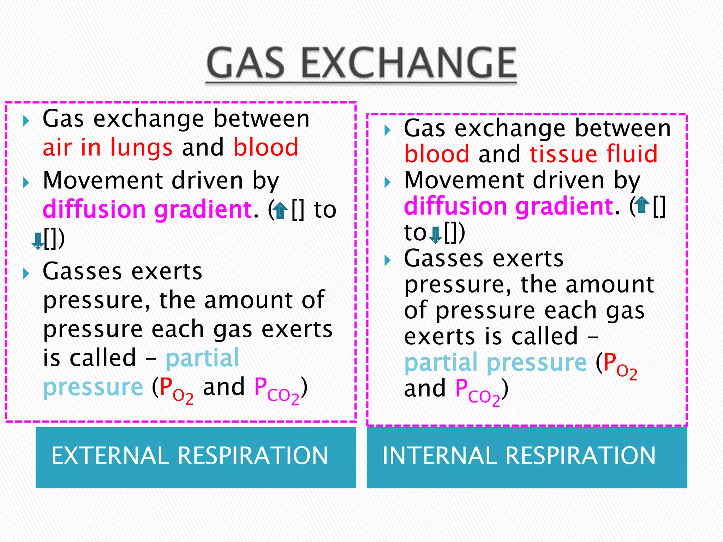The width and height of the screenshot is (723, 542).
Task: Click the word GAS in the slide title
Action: click(246, 64)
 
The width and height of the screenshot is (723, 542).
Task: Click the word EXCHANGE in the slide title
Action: click(410, 64)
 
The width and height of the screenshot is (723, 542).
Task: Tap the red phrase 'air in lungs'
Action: click(107, 147)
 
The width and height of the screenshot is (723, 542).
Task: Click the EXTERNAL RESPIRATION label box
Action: click(196, 457)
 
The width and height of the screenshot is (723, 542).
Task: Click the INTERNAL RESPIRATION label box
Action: click(527, 457)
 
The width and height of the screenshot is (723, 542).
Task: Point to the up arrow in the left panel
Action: click(281, 210)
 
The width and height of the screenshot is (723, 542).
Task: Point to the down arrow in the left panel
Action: click(37, 241)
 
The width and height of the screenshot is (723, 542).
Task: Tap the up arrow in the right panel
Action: click(642, 205)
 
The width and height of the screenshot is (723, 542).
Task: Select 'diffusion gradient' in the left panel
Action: click(147, 210)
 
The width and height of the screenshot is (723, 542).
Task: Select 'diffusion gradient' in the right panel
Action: click(508, 206)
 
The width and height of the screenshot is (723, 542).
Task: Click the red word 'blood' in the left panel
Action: click(266, 147)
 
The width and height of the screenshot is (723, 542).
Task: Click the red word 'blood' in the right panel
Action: click(437, 154)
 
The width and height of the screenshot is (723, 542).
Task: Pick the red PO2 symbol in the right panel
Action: click(620, 365)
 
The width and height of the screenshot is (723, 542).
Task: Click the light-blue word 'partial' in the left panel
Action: click(202, 358)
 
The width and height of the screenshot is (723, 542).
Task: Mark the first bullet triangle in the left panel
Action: click(26, 121)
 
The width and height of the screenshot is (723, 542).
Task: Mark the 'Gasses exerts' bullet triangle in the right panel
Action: click(387, 261)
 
